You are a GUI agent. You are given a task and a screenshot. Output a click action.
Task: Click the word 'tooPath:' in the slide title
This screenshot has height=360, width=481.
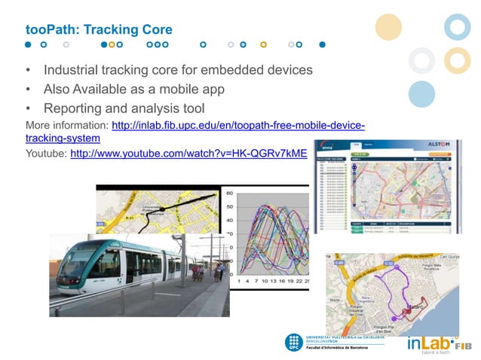(x=51, y=30)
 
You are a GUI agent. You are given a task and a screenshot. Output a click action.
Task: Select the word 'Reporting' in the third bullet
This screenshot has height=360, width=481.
(x=78, y=109)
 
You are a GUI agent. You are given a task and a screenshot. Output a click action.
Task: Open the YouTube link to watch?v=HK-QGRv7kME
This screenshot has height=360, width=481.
(x=188, y=154)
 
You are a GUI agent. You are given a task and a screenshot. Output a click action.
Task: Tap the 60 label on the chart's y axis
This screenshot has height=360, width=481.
(x=230, y=192)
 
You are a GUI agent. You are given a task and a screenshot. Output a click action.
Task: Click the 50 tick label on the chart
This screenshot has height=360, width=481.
(x=230, y=206)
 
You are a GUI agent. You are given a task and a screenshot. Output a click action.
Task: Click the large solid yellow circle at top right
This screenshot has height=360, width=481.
(x=389, y=28)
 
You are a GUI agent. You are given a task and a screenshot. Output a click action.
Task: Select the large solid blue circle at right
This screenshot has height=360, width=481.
(x=421, y=94)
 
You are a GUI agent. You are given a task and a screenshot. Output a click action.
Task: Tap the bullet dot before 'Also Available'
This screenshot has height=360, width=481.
(x=28, y=90)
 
